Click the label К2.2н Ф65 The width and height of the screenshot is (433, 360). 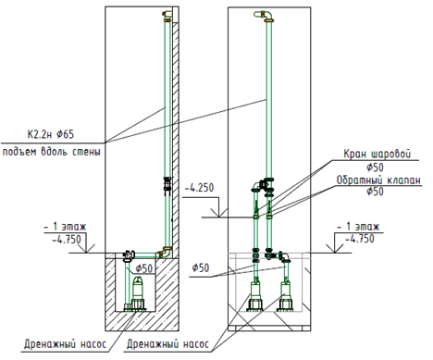(x=51, y=134)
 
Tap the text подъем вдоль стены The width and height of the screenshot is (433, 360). (x=52, y=152)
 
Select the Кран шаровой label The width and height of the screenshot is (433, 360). (x=377, y=154)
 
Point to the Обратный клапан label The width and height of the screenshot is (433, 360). (x=378, y=180)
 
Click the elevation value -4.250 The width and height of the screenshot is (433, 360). (x=199, y=188)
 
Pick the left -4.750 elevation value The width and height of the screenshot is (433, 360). (x=67, y=240)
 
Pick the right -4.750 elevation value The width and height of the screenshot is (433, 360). (x=360, y=239)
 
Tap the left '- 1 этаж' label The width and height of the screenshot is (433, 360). (x=65, y=227)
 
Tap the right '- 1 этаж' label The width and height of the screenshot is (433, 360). (x=358, y=227)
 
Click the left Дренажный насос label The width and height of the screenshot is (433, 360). (x=65, y=344)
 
